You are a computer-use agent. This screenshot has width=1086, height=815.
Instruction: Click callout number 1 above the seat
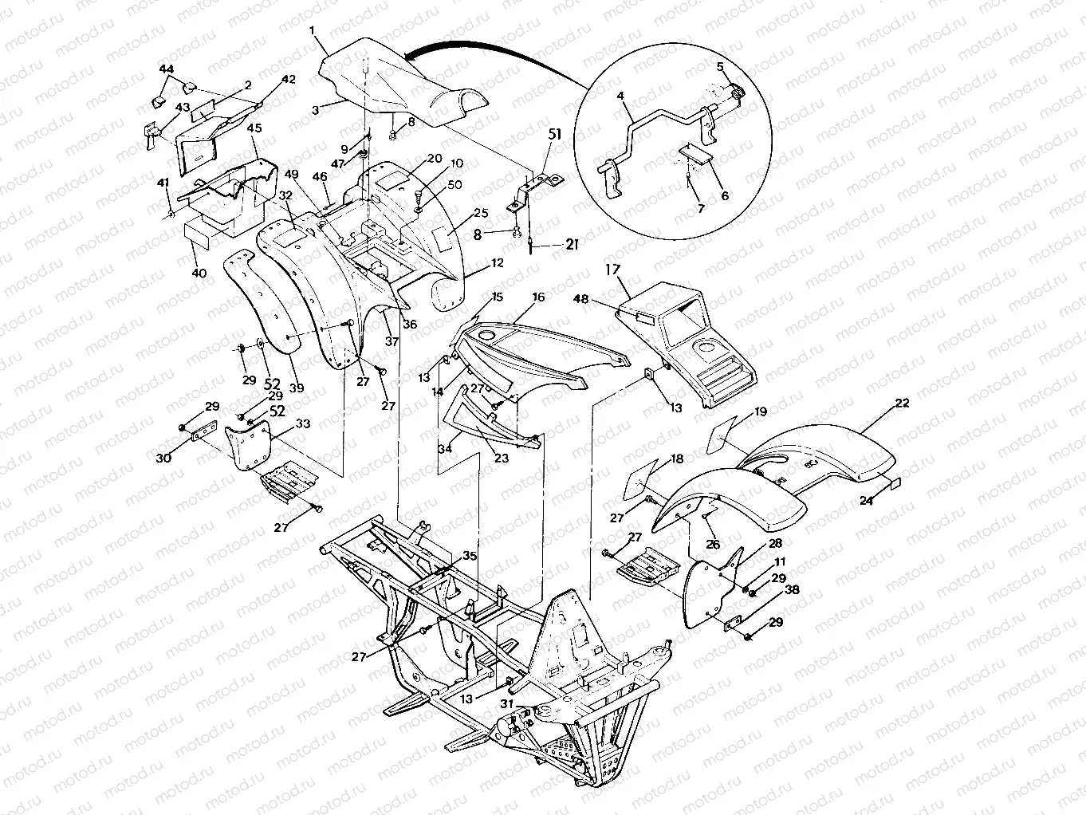313,30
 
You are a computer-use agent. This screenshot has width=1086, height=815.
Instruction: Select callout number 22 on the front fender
902,404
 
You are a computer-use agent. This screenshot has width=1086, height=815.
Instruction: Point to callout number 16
539,297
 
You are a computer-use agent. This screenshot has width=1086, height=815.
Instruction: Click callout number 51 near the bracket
555,135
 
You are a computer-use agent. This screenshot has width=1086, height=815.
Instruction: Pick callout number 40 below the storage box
199,274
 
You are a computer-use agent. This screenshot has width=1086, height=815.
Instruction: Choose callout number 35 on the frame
470,557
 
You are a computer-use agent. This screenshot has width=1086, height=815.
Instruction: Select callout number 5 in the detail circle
720,66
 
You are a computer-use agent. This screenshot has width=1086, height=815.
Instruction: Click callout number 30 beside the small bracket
164,458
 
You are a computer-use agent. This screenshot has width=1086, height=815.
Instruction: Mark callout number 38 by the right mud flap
791,591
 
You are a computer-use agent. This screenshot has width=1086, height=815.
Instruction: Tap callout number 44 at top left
166,70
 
